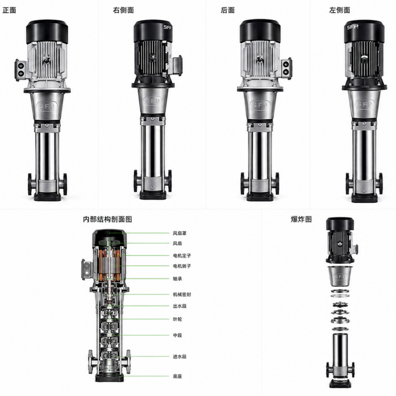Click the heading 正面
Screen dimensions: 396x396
click(x=9, y=10)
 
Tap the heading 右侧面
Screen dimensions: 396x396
click(x=123, y=10)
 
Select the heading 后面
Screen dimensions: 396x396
click(x=228, y=10)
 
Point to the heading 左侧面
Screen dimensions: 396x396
click(x=339, y=10)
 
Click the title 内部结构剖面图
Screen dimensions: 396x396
click(x=108, y=219)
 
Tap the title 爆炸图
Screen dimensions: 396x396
click(x=301, y=219)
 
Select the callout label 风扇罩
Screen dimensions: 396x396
click(x=179, y=233)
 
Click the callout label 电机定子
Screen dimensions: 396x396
click(x=182, y=256)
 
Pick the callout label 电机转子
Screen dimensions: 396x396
click(x=182, y=266)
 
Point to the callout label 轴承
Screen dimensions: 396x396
click(x=177, y=278)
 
